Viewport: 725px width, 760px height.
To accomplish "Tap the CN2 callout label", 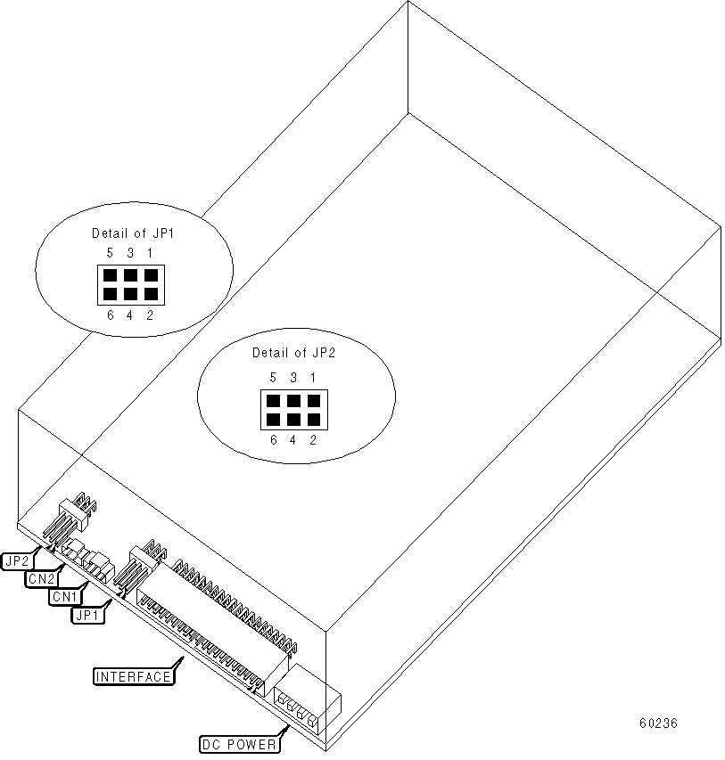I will click(40, 578).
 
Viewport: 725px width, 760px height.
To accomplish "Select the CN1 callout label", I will click(64, 596).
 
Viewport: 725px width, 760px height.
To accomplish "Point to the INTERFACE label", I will click(133, 676).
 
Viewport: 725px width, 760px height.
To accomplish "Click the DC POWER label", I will click(238, 742).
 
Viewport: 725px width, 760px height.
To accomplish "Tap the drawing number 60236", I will click(657, 723).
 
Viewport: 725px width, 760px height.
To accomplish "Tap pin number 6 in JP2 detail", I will click(273, 439).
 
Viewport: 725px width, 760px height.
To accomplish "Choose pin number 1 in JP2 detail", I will click(312, 378).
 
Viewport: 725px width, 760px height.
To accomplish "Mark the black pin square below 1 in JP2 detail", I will click(311, 400).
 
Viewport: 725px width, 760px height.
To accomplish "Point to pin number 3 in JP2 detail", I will click(292, 378).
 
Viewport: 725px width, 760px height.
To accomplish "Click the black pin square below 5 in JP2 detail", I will click(273, 400).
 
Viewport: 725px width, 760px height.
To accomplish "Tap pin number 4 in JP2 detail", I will click(292, 439).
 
